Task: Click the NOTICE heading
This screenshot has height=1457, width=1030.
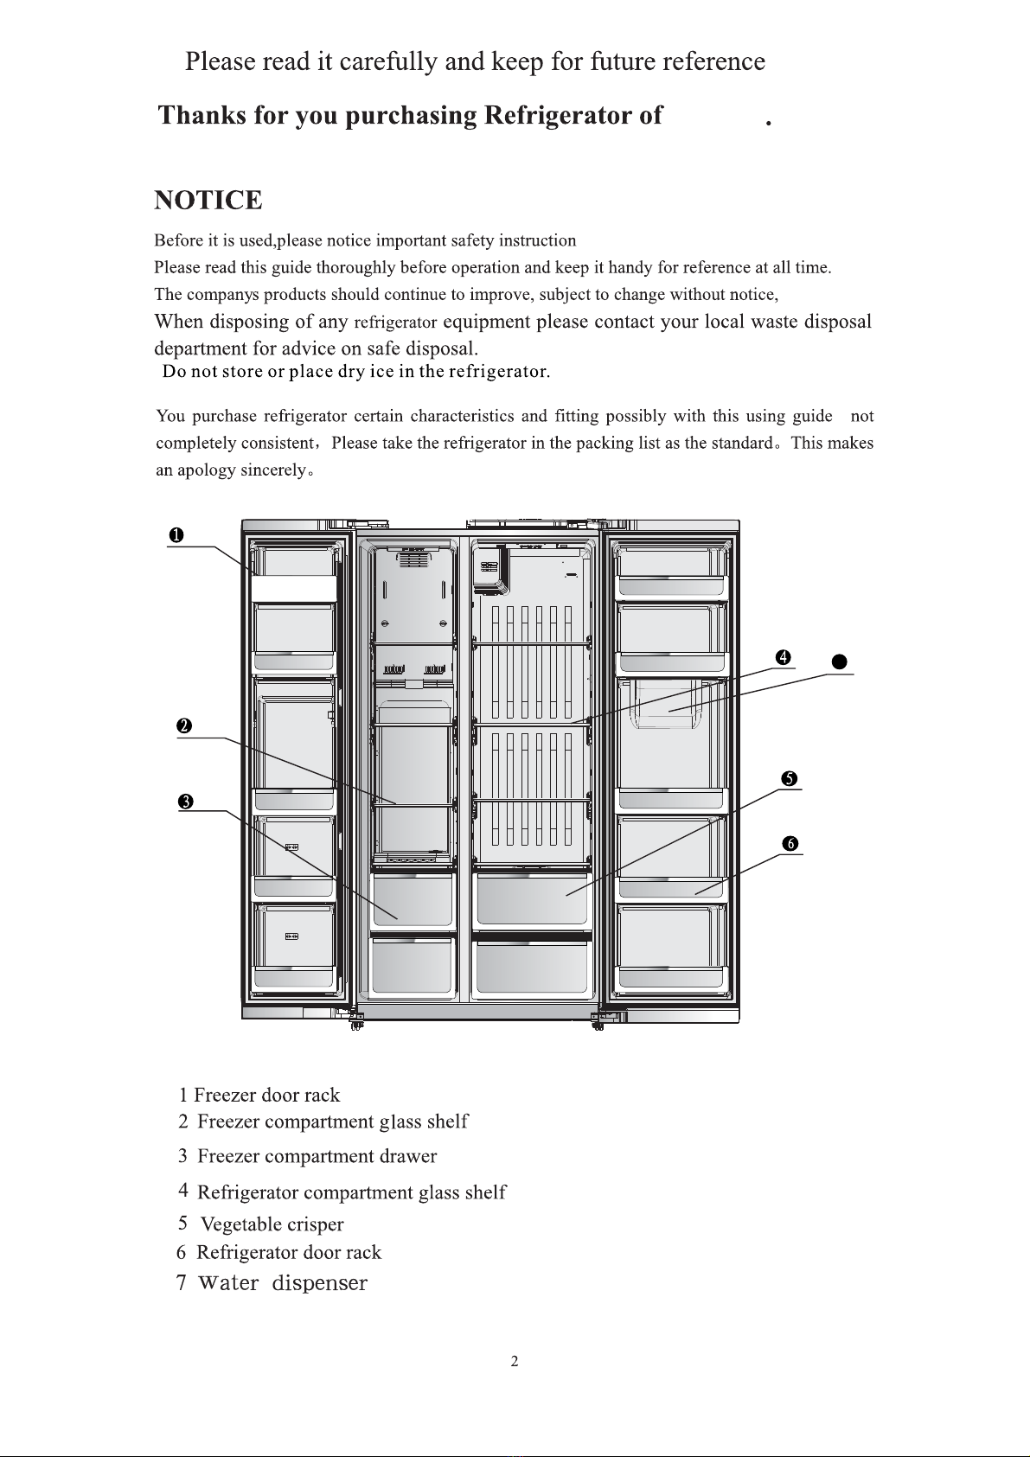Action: [x=208, y=201]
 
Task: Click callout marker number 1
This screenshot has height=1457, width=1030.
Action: [x=176, y=536]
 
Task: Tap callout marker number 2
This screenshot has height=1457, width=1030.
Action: [x=183, y=726]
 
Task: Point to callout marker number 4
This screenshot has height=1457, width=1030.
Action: [x=783, y=658]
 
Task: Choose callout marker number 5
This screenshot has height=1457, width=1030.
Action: [x=789, y=779]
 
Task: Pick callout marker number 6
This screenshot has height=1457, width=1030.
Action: [x=790, y=844]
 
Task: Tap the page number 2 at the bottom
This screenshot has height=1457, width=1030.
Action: [x=515, y=1362]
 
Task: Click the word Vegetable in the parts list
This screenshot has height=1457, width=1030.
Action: [x=242, y=1224]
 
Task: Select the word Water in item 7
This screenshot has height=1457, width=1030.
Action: [x=228, y=1283]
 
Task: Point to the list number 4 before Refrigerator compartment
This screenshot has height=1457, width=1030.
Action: [x=183, y=1190]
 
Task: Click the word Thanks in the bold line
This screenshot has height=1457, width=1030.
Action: [x=202, y=115]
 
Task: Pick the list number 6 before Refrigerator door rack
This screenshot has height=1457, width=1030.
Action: [x=182, y=1253]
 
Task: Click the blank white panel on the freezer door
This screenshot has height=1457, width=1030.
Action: [x=294, y=589]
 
